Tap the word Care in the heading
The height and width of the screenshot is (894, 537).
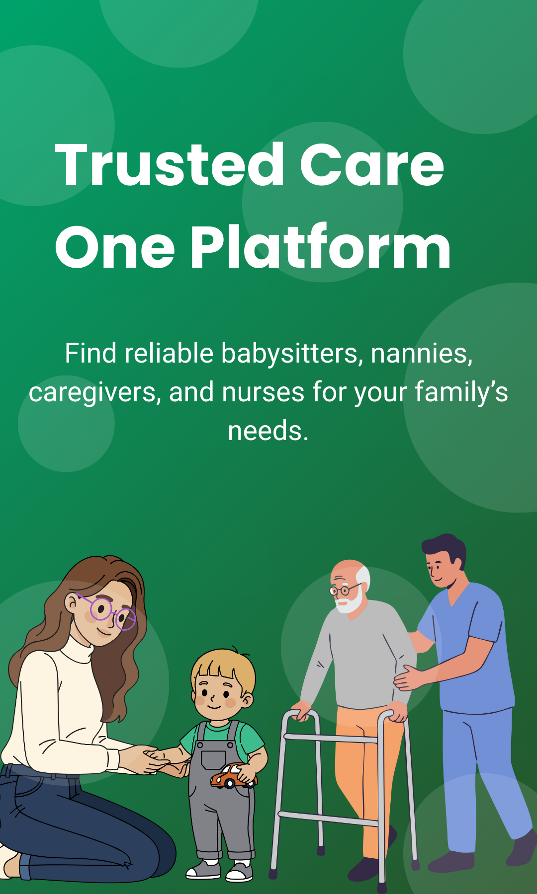click(371, 165)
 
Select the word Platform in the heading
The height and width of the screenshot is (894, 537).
click(320, 246)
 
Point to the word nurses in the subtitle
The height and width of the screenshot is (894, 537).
click(263, 392)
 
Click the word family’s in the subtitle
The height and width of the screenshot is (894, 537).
click(461, 392)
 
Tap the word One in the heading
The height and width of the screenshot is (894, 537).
click(115, 247)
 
